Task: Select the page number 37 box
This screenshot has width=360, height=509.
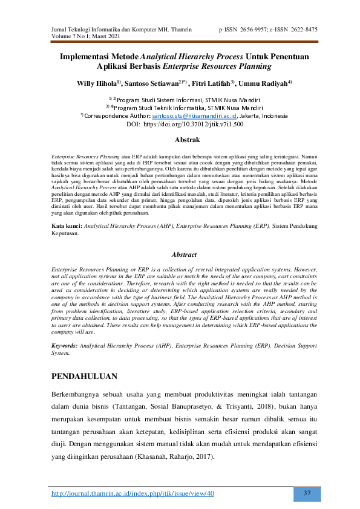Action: pos(307,493)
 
